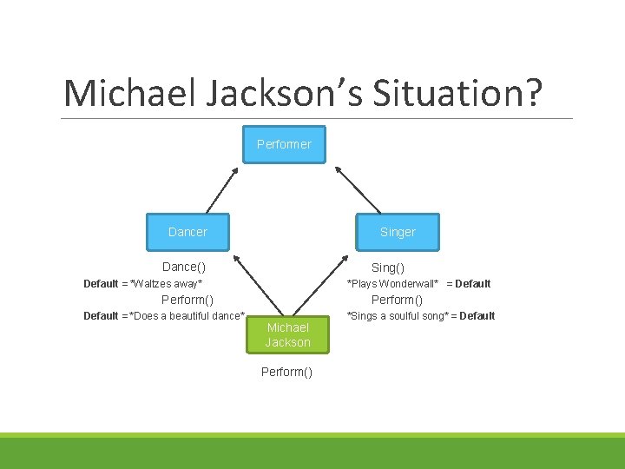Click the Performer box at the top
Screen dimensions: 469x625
click(x=284, y=144)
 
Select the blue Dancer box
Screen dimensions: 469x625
click(x=187, y=232)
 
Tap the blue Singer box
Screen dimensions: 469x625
click(x=398, y=232)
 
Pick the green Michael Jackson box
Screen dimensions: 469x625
click(x=287, y=334)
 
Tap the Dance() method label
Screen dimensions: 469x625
click(x=184, y=267)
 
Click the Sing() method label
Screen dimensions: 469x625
click(x=388, y=268)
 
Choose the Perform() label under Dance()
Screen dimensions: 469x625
click(x=187, y=300)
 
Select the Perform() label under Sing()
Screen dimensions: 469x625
click(x=397, y=300)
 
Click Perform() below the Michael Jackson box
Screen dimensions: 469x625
click(x=287, y=372)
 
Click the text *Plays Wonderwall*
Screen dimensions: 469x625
click(x=392, y=284)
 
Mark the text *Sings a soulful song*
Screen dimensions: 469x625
click(x=397, y=316)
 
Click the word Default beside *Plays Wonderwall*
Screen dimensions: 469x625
click(x=472, y=284)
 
